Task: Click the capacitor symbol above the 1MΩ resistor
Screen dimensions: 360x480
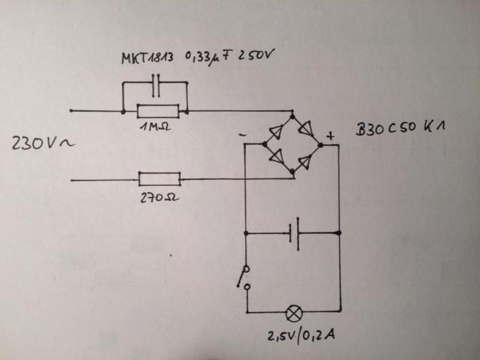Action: (x=155, y=86)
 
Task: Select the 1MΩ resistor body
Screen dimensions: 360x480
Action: (x=157, y=112)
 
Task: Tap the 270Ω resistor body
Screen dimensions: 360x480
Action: (x=159, y=179)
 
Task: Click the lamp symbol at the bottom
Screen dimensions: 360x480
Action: (x=294, y=310)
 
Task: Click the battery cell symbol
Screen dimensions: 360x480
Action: (x=295, y=234)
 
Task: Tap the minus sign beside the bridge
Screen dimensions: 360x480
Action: (x=244, y=135)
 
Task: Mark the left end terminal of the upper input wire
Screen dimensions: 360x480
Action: (x=71, y=111)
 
